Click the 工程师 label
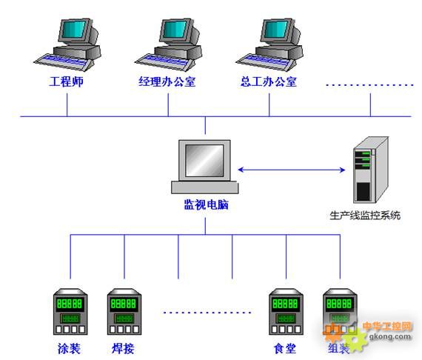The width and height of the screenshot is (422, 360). (x=66, y=81)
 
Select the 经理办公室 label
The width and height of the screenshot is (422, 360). (x=167, y=81)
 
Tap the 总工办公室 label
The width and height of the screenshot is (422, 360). (x=268, y=81)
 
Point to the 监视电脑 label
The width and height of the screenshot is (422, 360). (x=206, y=204)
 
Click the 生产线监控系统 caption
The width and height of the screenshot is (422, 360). (x=365, y=216)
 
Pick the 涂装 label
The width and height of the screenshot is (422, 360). (x=69, y=348)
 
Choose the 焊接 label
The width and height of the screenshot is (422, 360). (x=123, y=348)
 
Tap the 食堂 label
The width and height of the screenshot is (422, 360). (x=285, y=348)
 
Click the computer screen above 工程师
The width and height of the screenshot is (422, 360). (x=74, y=29)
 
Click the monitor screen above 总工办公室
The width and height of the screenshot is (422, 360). (x=276, y=29)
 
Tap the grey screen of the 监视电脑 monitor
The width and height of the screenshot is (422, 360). (x=204, y=161)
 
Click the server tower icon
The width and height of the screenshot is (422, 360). (x=371, y=170)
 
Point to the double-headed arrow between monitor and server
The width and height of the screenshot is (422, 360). (x=292, y=170)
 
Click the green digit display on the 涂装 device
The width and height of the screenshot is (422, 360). (x=70, y=304)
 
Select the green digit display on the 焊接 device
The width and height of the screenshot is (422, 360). (x=124, y=304)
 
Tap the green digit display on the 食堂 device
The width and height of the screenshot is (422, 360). (x=285, y=304)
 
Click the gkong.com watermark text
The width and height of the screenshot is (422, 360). (x=390, y=336)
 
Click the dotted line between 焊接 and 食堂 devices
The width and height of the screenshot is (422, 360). (x=207, y=313)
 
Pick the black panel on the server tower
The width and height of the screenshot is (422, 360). (x=363, y=191)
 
